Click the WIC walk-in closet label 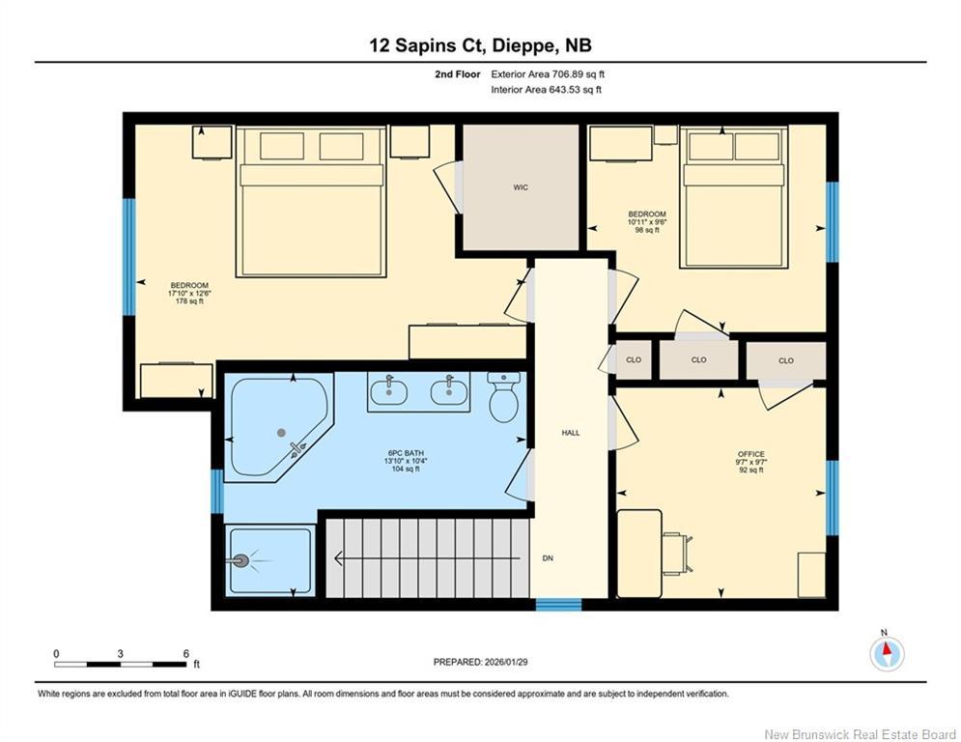pos(521,187)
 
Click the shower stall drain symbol pos(241,559)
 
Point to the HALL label pos(571,433)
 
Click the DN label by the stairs pos(548,558)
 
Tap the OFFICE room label pos(750,454)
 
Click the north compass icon pos(886,653)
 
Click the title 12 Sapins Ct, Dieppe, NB pos(480,44)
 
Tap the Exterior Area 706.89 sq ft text pos(547,74)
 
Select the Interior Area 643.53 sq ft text pos(546,90)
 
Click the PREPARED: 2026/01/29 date pos(482,662)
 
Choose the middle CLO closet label pos(698,360)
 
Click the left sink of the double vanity pos(392,390)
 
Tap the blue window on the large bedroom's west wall pos(127,256)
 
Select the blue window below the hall pos(558,605)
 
